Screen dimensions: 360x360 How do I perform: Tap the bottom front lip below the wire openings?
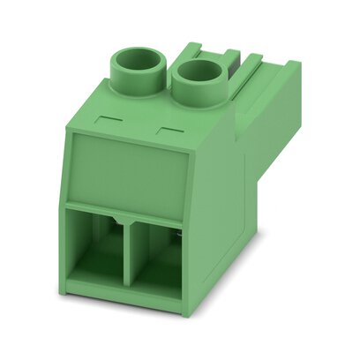(x=132, y=304)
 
